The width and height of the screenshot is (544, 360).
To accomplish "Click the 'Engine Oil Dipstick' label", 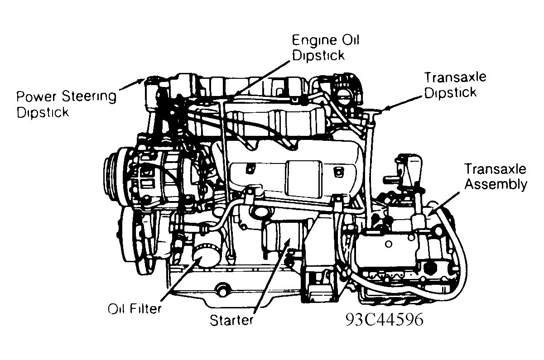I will point(326,48).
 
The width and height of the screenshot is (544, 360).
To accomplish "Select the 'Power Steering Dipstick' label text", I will point(66,104).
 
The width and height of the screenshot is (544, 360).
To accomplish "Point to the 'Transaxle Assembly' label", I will point(495,177).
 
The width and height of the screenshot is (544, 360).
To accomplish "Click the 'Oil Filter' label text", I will point(135,309).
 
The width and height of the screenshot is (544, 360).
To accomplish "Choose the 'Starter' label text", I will point(231,320).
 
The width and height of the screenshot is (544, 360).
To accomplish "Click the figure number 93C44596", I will point(384,320).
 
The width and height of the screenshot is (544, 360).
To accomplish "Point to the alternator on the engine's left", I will point(149,174).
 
